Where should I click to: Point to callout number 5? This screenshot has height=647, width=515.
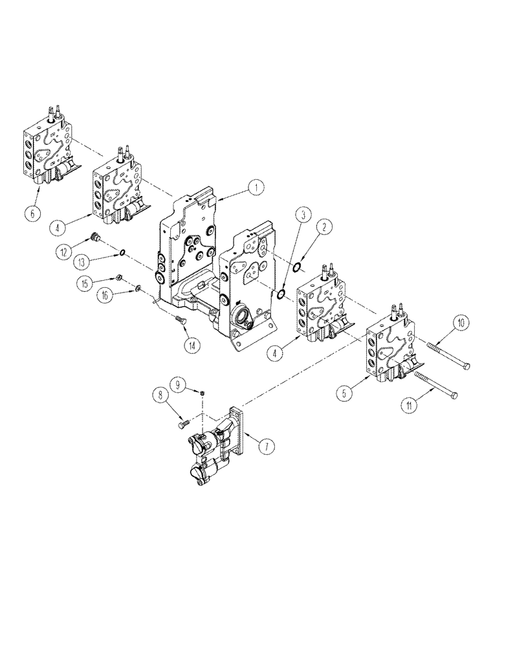pyautogui.click(x=344, y=390)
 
